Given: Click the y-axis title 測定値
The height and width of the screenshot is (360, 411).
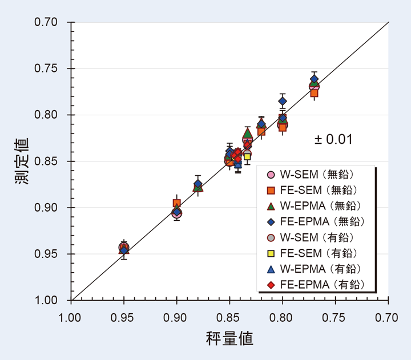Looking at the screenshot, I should (21, 161).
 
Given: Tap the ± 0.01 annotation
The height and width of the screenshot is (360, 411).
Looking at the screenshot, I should (333, 139).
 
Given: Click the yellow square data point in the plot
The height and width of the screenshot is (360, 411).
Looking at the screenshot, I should (247, 156).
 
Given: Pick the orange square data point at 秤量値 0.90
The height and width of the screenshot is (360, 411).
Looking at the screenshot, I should (177, 204).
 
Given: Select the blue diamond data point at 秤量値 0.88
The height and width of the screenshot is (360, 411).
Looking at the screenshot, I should (198, 184).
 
